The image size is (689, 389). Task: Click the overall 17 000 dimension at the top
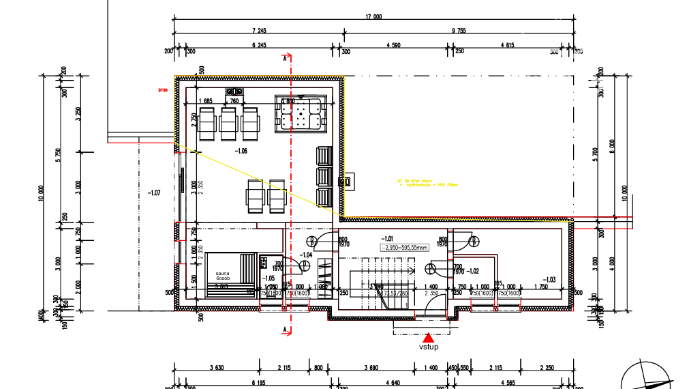pyautogui.click(x=373, y=16)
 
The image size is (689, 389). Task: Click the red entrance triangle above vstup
pyautogui.click(x=428, y=337)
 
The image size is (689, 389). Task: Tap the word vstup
pyautogui.click(x=428, y=347)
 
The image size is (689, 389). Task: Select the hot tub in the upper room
pyautogui.click(x=301, y=113)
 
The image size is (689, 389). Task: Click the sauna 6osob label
pyautogui.click(x=223, y=276)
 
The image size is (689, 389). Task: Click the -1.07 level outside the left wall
pyautogui.click(x=153, y=193)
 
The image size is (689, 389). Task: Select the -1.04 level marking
pyautogui.click(x=305, y=255)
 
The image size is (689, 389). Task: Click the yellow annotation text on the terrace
pyautogui.click(x=428, y=182)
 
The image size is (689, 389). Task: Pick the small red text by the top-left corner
pyautogui.click(x=162, y=90)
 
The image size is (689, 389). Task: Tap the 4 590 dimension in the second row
pyautogui.click(x=393, y=45)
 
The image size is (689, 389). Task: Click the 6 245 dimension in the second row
pyautogui.click(x=258, y=45)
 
